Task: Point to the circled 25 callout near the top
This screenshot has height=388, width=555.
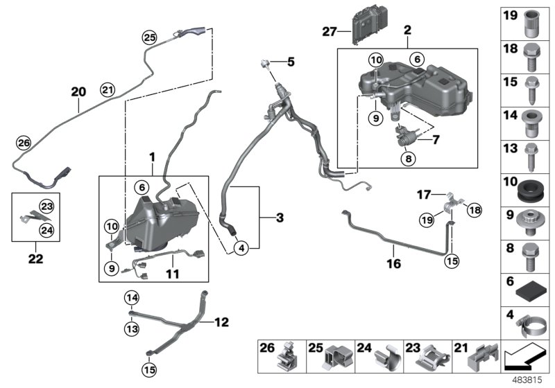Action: pos(150,37)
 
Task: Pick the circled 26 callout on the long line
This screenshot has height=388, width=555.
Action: pos(24,143)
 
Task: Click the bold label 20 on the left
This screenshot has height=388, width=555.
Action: pos(78,91)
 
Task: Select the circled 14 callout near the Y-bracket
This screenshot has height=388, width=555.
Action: pos(131,298)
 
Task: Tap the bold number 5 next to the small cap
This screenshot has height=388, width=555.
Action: pos(291,62)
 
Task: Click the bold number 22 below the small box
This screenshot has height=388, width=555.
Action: pos(35,259)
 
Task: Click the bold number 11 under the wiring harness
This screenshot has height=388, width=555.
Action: pos(172,274)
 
